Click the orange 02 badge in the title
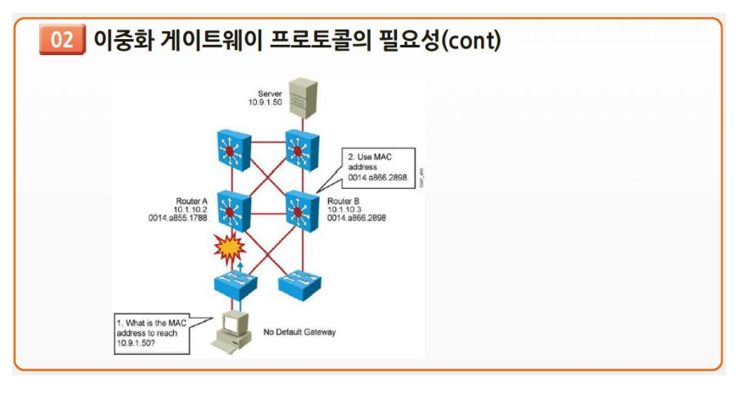click(x=62, y=40)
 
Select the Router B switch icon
click(x=301, y=207)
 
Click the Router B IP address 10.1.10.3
click(x=344, y=209)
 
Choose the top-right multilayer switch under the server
click(x=301, y=149)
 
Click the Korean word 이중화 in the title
click(x=121, y=40)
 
